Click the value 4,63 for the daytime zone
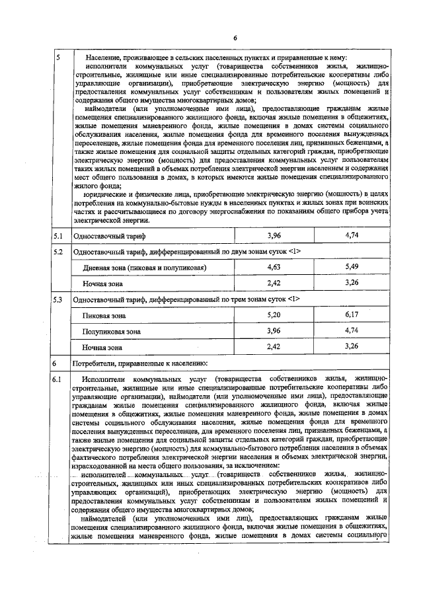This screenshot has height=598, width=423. coord(274,267)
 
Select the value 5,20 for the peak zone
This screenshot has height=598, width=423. coord(274,315)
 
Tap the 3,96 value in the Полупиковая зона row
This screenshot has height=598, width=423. coord(274,330)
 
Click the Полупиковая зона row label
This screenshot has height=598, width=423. coord(111,331)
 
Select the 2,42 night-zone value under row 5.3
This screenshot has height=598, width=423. coord(274,346)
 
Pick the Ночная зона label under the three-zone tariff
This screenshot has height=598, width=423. coord(102,346)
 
